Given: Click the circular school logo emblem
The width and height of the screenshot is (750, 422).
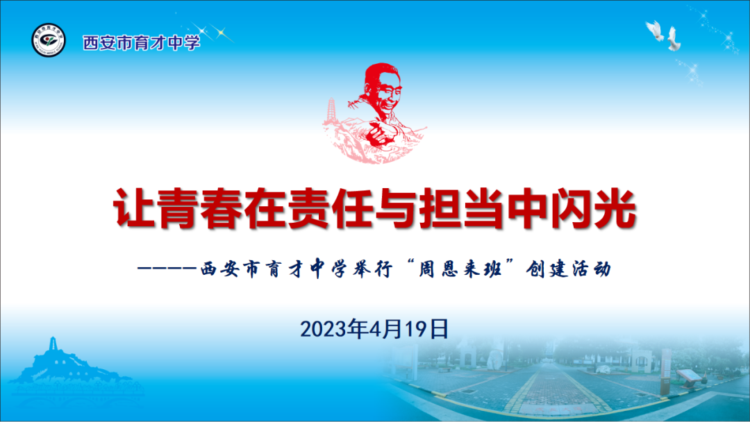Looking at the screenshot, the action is [x=49, y=40].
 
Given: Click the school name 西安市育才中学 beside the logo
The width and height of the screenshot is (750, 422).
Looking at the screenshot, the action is [x=142, y=43].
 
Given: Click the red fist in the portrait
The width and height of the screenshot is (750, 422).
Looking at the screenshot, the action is [x=381, y=133].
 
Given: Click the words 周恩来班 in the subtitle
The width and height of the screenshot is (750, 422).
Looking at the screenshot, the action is [x=460, y=269].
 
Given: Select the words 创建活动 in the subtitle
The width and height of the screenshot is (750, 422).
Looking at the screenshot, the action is [x=568, y=269].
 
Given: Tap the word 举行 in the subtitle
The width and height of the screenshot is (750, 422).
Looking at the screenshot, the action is [x=372, y=269].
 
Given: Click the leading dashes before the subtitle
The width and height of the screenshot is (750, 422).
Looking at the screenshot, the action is [x=167, y=269].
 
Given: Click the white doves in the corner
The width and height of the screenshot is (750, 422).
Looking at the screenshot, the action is [x=664, y=35].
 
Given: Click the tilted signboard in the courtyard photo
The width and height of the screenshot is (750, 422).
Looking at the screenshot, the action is [x=689, y=377].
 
